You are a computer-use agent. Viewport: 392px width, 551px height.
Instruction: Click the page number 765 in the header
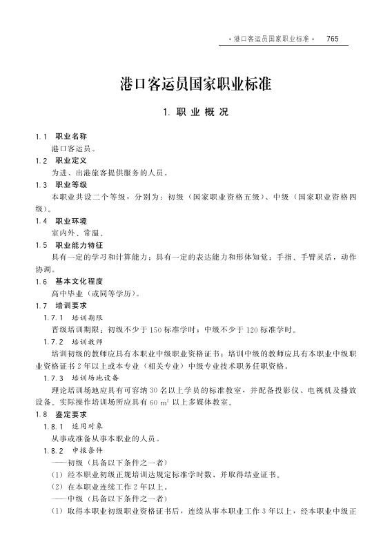tap(332, 39)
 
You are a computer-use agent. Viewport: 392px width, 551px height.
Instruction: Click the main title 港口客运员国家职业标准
tap(195, 84)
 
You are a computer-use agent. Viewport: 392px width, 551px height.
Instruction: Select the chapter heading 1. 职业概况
tap(195, 112)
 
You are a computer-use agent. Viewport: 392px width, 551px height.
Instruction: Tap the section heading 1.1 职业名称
tap(61, 136)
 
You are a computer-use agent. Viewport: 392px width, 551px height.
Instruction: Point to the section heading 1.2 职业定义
tap(61, 160)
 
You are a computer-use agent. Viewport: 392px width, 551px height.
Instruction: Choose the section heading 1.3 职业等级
tap(61, 184)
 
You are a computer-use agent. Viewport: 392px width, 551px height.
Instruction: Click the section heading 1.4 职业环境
tap(61, 221)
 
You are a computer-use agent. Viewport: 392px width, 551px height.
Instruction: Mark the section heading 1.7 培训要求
tap(61, 305)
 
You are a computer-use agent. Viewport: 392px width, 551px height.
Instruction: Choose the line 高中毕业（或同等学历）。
tap(95, 293)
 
